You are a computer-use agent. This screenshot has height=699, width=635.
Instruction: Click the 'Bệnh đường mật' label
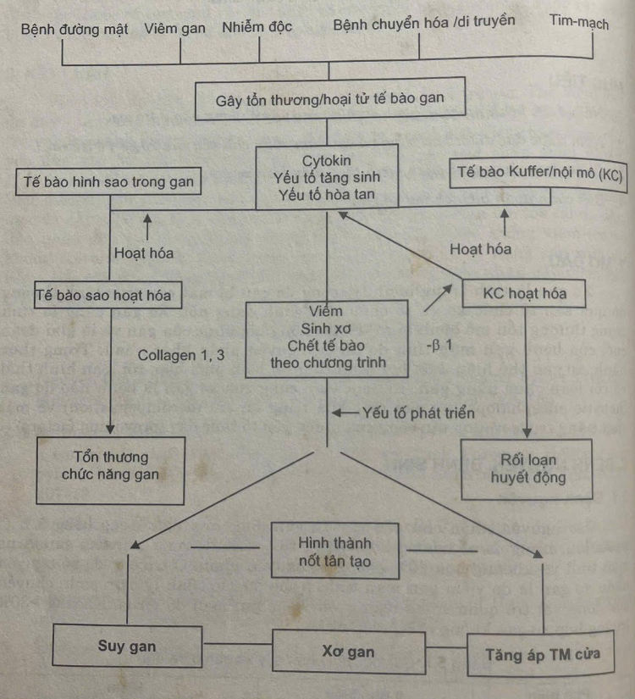pos(75,29)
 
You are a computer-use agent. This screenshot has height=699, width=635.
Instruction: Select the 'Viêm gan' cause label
pos(175,28)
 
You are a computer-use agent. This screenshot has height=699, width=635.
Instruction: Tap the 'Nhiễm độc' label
pos(257,26)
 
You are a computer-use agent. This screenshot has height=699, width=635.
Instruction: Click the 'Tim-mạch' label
pos(579,23)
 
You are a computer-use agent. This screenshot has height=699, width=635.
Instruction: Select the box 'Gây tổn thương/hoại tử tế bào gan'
pos(329,100)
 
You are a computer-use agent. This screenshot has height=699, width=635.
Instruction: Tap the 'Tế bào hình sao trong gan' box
pos(107,180)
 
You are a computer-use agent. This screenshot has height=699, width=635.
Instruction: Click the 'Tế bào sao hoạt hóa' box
pos(104,295)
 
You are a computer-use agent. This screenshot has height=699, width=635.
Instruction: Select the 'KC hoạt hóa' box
pos(524,294)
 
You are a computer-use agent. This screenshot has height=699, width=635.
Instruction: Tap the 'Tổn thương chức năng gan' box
pos(110,466)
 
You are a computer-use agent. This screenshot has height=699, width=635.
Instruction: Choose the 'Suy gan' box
pos(127,647)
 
